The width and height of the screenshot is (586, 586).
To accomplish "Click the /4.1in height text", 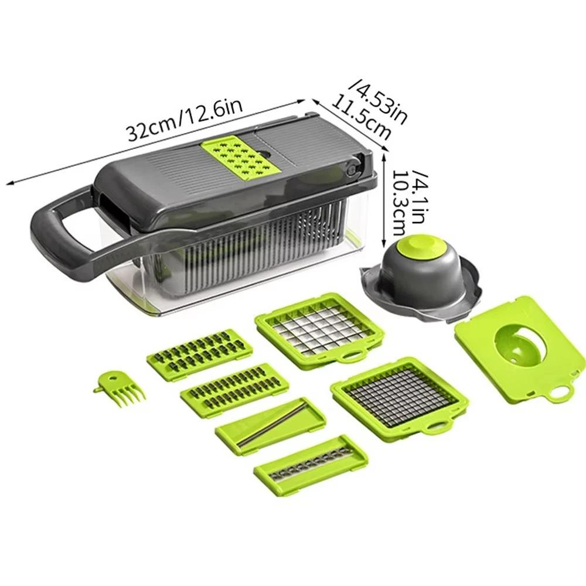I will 421,192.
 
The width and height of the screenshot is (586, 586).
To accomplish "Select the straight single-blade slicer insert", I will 270,426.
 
